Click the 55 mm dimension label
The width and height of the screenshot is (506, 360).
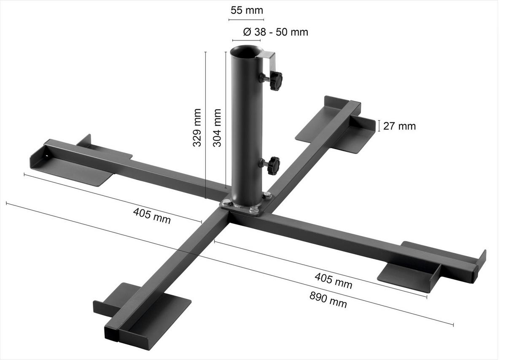[246, 11]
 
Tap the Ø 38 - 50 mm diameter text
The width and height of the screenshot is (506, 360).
[275, 32]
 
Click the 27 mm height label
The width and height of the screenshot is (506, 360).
[399, 126]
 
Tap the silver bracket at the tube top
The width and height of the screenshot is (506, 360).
[268, 59]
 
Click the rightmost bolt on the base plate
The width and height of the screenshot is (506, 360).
[267, 195]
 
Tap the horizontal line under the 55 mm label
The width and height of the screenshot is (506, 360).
[246, 20]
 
